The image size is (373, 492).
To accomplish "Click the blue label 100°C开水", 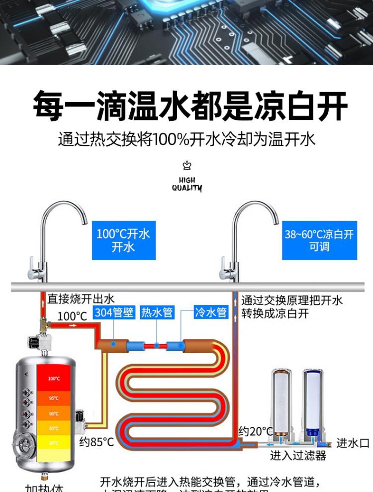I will tap(123, 240).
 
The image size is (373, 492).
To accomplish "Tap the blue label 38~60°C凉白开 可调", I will tap(319, 240).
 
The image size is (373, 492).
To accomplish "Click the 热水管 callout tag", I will tap(157, 312).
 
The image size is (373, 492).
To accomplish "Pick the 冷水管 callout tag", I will tap(211, 312).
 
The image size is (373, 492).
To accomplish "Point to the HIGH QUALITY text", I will tap(187, 184).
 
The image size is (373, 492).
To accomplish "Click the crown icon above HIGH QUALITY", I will tap(187, 166).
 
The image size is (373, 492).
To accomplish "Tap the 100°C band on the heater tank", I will tap(54, 379).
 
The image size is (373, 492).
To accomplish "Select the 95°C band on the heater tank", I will tap(54, 398).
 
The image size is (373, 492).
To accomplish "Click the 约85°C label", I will tap(96, 442).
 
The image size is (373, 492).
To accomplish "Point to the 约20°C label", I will tap(256, 431).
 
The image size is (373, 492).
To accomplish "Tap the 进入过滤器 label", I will tap(298, 455).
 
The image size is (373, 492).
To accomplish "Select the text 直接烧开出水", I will tap(81, 299).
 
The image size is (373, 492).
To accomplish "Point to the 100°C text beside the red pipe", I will tap(72, 316).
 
